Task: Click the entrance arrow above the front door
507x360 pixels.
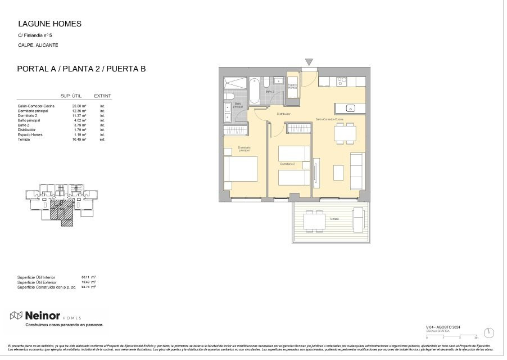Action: click(x=309, y=62)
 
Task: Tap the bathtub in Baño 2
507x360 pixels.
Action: click(x=255, y=90)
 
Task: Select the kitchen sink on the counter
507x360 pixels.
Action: click(x=349, y=108)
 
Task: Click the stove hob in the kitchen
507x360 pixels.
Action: click(x=342, y=81)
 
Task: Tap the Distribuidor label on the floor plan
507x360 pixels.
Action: click(x=283, y=114)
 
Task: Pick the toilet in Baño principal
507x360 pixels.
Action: click(x=229, y=107)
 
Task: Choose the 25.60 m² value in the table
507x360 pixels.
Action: click(x=79, y=106)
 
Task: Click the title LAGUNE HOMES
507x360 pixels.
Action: click(x=49, y=24)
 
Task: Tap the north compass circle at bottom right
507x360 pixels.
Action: click(x=489, y=333)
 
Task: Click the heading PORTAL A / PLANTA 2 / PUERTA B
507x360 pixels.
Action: click(x=82, y=69)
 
